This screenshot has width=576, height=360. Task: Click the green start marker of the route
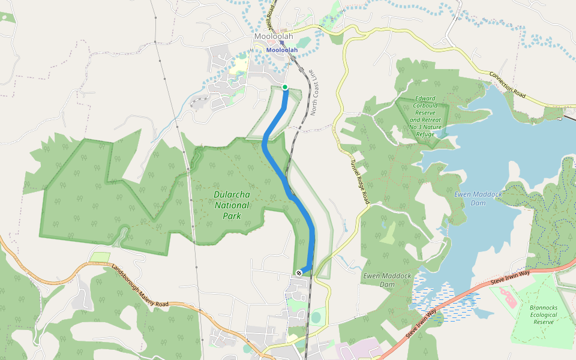click(x=285, y=88)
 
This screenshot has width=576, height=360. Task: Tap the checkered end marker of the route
click(x=299, y=274)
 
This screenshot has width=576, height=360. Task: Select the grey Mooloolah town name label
click(x=274, y=37)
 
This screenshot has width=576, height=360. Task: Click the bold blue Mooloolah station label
click(x=282, y=50)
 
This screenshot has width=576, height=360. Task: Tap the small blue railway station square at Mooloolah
click(x=282, y=43)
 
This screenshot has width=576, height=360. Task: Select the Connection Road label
click(x=508, y=86)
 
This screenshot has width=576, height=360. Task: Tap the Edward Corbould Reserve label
click(x=425, y=116)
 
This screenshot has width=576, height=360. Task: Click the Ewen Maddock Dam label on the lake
click(x=470, y=198)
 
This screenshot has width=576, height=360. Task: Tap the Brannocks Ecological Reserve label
click(x=543, y=314)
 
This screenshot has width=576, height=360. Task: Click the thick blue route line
click(x=276, y=165)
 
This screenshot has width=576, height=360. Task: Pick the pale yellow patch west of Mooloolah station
click(x=241, y=64)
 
